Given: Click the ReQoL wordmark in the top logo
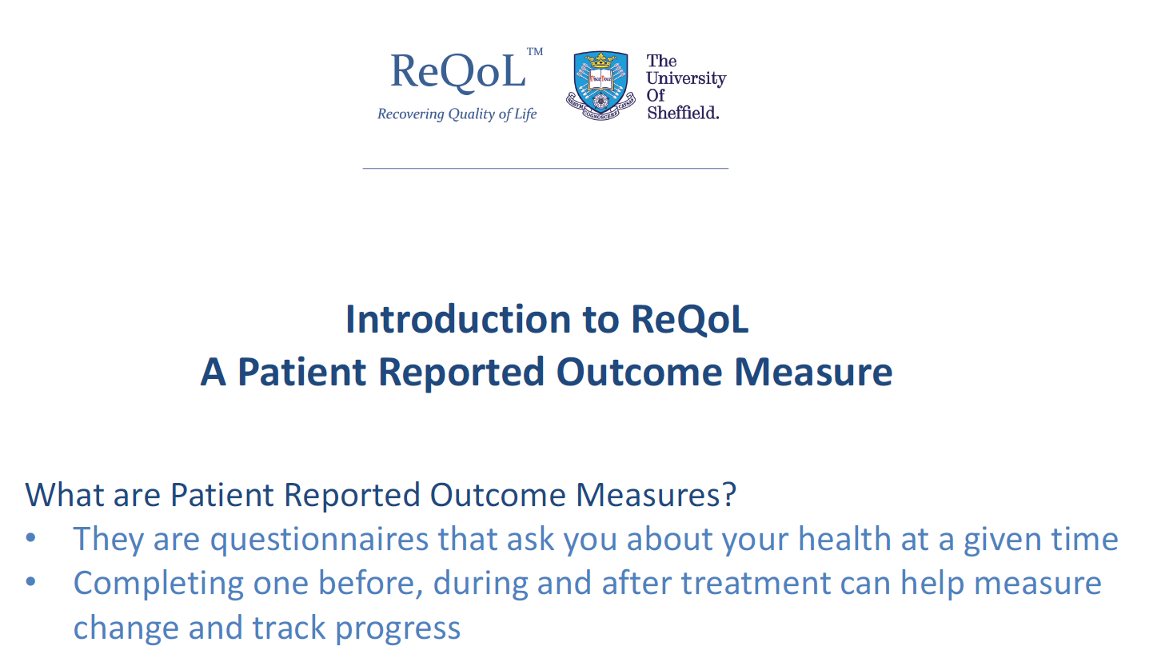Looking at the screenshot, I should point(457,72).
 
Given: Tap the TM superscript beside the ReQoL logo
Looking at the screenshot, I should point(534,52).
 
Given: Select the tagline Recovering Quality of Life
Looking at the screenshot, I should point(457,114).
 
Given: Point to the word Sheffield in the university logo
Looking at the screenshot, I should point(683,113).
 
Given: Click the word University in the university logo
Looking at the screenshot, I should point(686,78).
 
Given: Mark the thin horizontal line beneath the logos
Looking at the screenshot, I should point(545,168).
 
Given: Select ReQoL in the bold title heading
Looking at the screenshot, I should point(689,319).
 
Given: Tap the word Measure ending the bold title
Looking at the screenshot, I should point(813,372).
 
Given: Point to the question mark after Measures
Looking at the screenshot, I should point(728,495).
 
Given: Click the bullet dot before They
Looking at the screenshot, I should point(31,537).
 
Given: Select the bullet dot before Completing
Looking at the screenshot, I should point(31,581).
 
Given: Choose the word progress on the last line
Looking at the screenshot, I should point(397,628).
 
